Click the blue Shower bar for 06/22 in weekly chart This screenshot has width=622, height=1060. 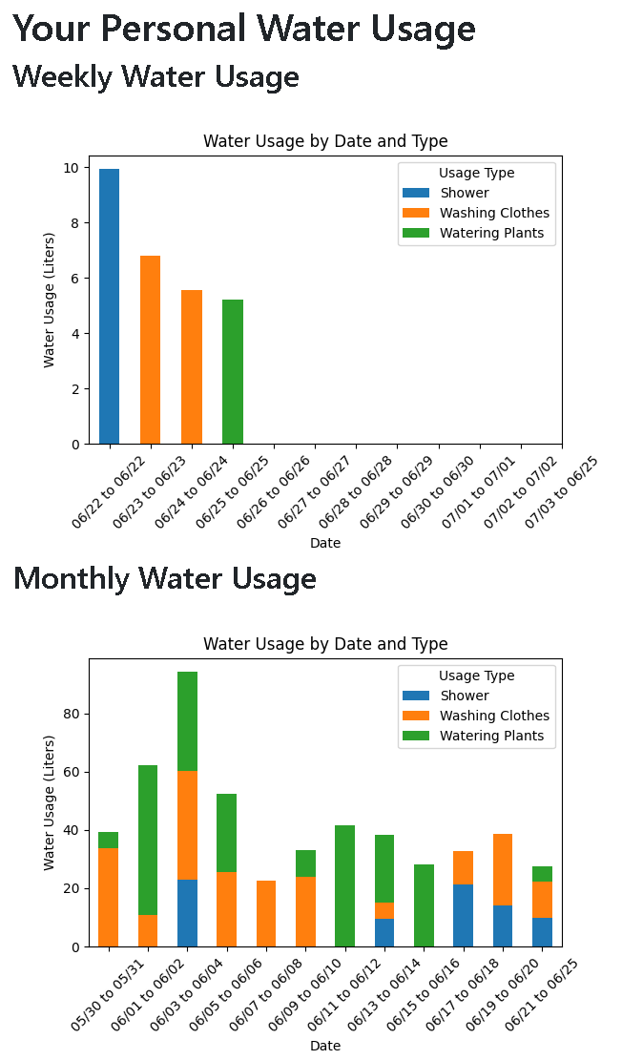(109, 306)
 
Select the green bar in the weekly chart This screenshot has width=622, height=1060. (233, 372)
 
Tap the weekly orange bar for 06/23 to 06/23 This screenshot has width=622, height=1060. (150, 350)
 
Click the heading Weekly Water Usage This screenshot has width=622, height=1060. (155, 76)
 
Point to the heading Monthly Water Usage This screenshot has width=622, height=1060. (164, 578)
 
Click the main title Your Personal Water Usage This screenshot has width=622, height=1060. (244, 29)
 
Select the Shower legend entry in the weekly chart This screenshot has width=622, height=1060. (464, 193)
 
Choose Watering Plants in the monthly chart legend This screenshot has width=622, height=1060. (491, 736)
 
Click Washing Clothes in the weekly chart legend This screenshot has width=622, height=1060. (494, 213)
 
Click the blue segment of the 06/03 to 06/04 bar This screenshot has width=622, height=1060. (187, 913)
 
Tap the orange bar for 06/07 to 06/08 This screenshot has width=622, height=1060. (266, 913)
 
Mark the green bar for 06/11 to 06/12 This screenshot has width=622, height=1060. (344, 885)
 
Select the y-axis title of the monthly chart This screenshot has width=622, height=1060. (50, 801)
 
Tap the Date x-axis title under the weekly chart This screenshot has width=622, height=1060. (325, 543)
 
